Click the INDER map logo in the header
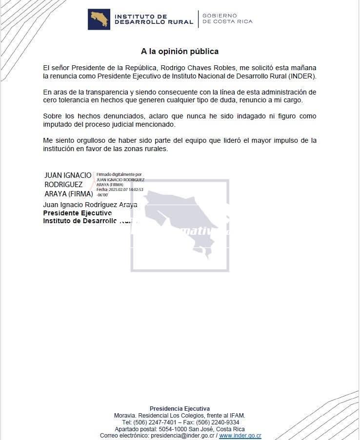[x=99, y=19]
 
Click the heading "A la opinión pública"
[x=180, y=51]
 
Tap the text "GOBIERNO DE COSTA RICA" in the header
[x=227, y=19]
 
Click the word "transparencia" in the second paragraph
[x=108, y=92]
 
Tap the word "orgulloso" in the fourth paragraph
[x=90, y=141]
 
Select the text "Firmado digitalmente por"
[x=119, y=174]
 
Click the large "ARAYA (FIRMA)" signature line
[x=68, y=193]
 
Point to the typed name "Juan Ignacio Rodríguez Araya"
[x=90, y=205]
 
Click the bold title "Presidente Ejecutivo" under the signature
[x=77, y=213]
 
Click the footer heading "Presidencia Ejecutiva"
[x=180, y=408]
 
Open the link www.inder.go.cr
[x=240, y=436]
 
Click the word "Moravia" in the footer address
[x=125, y=415]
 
